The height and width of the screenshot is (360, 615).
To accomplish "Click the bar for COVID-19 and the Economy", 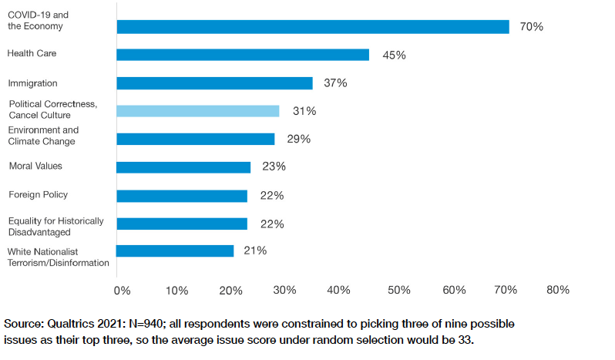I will (312, 27).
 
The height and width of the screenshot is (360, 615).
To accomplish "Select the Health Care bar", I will (243, 55).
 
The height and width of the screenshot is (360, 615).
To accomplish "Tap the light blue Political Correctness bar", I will (198, 111).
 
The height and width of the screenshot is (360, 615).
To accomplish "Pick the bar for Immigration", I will (214, 83).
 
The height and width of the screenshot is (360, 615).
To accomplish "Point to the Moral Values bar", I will (183, 167).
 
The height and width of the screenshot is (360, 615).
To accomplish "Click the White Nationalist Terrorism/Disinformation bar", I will (175, 251).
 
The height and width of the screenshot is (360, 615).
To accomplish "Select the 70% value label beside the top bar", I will (532, 27).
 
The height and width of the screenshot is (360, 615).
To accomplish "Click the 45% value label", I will (394, 56).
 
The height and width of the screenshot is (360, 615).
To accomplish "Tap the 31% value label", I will (304, 111).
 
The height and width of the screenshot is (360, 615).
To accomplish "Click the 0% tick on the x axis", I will (122, 291).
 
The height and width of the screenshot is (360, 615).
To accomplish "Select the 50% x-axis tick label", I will (398, 291).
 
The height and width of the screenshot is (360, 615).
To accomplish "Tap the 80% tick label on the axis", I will (558, 291).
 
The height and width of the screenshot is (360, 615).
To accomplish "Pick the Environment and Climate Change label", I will (43, 136).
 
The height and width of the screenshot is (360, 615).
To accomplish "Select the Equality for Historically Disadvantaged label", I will (55, 227).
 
